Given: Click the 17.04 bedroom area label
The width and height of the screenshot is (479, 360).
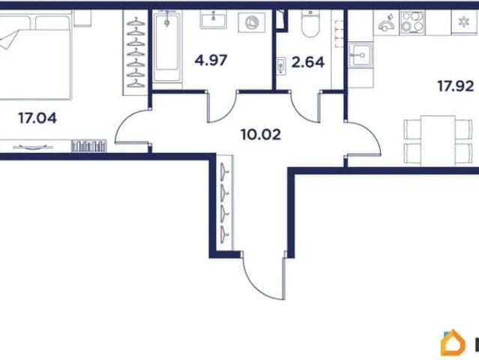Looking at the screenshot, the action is coord(37,118).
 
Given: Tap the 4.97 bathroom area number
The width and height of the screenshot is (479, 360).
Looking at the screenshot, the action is coord(211,60).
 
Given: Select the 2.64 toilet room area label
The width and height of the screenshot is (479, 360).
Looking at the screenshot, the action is coord(307,62).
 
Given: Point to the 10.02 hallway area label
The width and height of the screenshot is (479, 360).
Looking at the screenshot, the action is coord(261,134).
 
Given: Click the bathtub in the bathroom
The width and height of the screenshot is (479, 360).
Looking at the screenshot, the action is coord(167,46).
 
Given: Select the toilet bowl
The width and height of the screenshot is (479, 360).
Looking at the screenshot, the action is coord(310,23).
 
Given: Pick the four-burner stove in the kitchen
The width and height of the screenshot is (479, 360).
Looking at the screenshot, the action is coord(413,22).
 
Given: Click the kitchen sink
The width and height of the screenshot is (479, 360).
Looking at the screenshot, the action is coord(361,55).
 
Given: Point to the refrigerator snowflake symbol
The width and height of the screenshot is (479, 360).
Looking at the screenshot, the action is coord(464,22).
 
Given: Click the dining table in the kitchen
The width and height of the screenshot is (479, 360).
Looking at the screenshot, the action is coord(438,141).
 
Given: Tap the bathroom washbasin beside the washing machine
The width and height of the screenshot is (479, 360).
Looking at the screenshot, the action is coord(214,19).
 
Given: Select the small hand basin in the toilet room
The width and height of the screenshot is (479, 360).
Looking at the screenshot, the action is coord(281,66).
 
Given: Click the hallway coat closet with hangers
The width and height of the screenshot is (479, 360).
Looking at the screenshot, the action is coord(225,202).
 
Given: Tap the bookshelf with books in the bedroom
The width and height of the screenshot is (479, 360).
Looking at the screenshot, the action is coord(89,145).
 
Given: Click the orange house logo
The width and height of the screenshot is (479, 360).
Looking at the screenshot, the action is coord(453,343).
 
